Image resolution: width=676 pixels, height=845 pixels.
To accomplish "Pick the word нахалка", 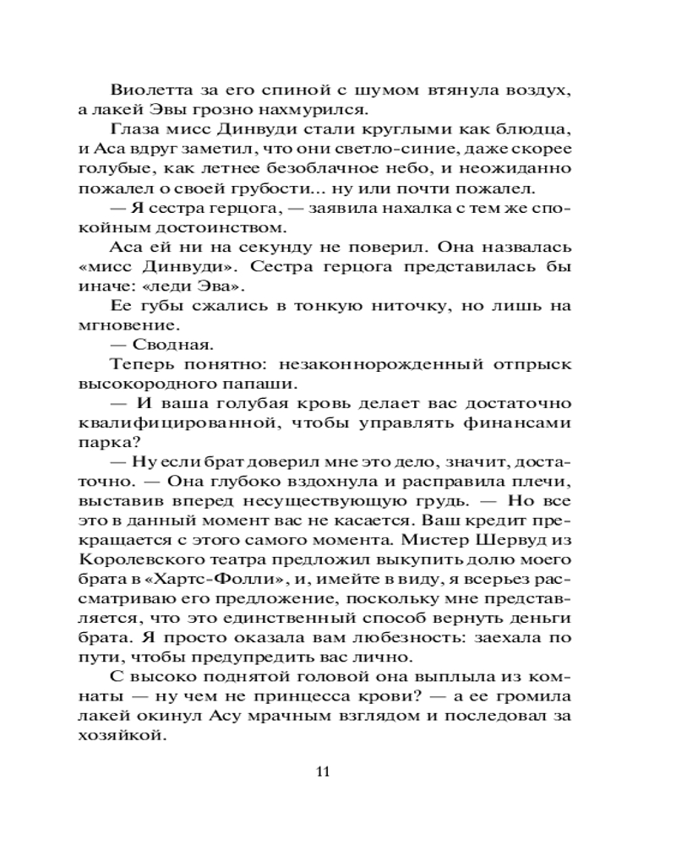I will point(409,208).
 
